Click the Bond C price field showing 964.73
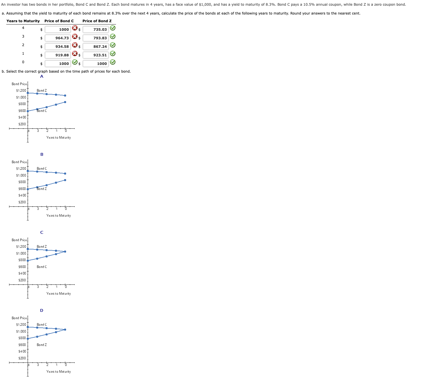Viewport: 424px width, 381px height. point(58,38)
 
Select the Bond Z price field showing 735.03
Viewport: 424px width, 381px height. point(96,29)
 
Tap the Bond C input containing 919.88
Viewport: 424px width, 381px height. point(58,55)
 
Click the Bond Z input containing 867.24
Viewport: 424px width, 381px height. point(96,46)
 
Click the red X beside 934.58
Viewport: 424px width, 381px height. point(75,45)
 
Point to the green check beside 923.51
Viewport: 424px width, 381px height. point(113,54)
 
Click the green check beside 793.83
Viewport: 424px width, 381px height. point(113,36)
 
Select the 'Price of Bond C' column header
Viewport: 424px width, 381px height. point(59,21)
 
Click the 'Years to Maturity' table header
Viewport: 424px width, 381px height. point(23,21)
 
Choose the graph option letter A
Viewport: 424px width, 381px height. point(42,76)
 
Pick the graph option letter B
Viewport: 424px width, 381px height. point(42,154)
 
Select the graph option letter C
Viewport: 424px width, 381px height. point(42,232)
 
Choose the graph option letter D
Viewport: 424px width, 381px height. point(42,310)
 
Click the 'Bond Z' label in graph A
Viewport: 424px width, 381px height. point(42,91)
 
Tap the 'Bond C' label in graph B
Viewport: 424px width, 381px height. point(42,169)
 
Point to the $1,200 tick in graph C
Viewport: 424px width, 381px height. point(21,247)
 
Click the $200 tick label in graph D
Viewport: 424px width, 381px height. point(22,358)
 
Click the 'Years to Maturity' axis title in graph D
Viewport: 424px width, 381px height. point(58,372)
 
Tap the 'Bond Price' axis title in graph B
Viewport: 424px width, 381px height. point(19,162)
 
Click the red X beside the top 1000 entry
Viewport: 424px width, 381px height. point(75,28)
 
